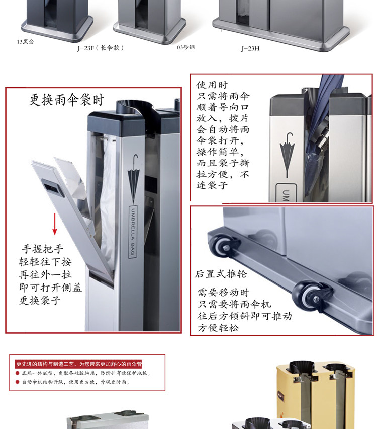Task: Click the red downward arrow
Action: (x=55, y=224)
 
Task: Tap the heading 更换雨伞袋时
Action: (x=67, y=100)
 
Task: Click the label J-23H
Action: (x=250, y=49)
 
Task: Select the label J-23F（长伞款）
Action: (x=101, y=48)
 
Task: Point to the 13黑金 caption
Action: (x=26, y=42)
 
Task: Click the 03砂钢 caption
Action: (x=186, y=47)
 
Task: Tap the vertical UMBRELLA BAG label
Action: (x=133, y=232)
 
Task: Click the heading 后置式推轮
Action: (x=221, y=274)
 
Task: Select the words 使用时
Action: (x=212, y=85)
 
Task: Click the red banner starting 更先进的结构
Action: (x=79, y=364)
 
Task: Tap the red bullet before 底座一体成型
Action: (x=18, y=373)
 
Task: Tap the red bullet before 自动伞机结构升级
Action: (x=18, y=382)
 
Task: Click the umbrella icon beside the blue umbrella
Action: (x=287, y=155)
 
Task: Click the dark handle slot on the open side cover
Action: (x=53, y=188)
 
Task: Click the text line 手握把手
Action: (x=43, y=249)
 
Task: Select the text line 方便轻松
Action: (x=218, y=328)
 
